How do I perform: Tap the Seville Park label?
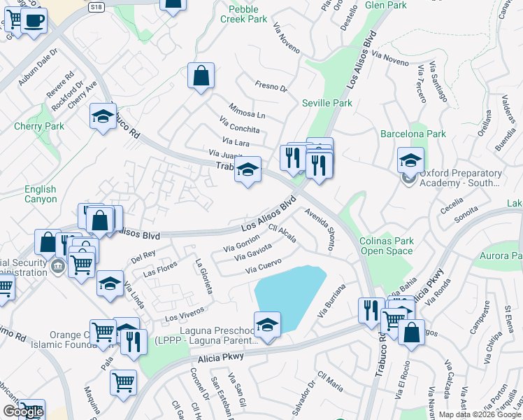[x=327, y=103]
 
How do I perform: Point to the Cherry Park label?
[x=39, y=127]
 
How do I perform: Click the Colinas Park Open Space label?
[x=386, y=246]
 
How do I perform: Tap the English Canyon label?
[x=41, y=194]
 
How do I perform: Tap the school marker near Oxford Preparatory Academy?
[x=410, y=160]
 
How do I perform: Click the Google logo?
[x=22, y=412]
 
